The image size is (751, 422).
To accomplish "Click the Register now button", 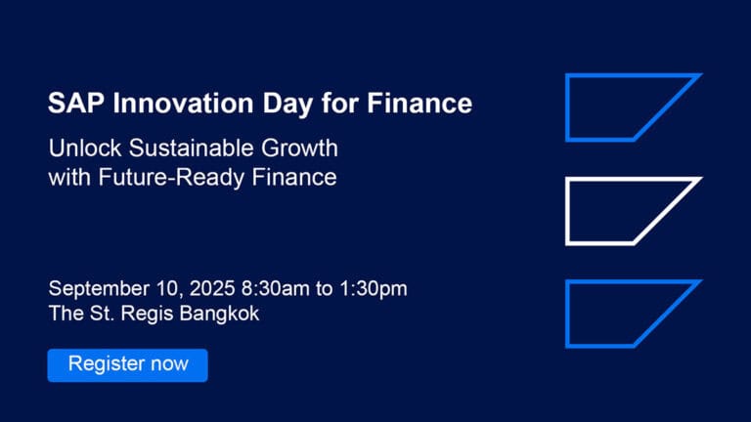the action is pyautogui.click(x=127, y=365).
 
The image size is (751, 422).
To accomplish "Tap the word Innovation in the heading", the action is pyautogui.click(x=184, y=104).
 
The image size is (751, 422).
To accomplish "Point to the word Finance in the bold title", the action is pyautogui.click(x=420, y=104).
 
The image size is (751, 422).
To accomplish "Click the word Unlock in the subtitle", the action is pyautogui.click(x=85, y=148).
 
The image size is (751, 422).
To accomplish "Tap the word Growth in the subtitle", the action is pyautogui.click(x=299, y=148).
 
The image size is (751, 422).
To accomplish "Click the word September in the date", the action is pyautogui.click(x=99, y=289).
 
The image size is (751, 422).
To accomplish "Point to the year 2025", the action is pyautogui.click(x=212, y=288).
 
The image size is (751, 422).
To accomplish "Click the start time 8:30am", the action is pyautogui.click(x=276, y=288).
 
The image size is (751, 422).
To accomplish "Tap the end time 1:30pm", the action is pyautogui.click(x=374, y=289).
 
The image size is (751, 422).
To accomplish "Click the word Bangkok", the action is pyautogui.click(x=219, y=315).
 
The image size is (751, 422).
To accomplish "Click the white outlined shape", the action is pyautogui.click(x=567, y=211).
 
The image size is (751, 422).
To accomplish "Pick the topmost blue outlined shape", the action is pyautogui.click(x=567, y=107).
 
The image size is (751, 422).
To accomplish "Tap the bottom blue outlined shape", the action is pyautogui.click(x=567, y=314).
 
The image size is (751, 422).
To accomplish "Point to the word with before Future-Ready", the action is pyautogui.click(x=70, y=177).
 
